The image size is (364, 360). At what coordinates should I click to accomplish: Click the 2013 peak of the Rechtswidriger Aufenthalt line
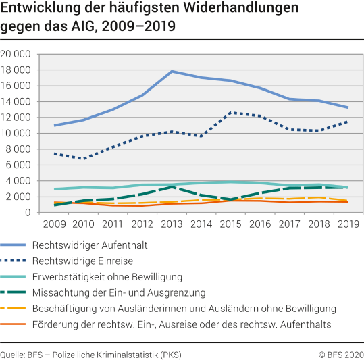[x=173, y=71]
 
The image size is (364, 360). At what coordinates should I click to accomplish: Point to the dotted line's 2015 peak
[x=232, y=113]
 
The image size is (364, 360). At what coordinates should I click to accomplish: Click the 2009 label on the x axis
[x=55, y=224]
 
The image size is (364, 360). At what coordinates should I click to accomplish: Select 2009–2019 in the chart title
[x=142, y=28]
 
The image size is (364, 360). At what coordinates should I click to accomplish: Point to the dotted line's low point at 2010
[x=84, y=159]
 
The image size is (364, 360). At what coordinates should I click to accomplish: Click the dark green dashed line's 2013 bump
[x=173, y=187]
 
